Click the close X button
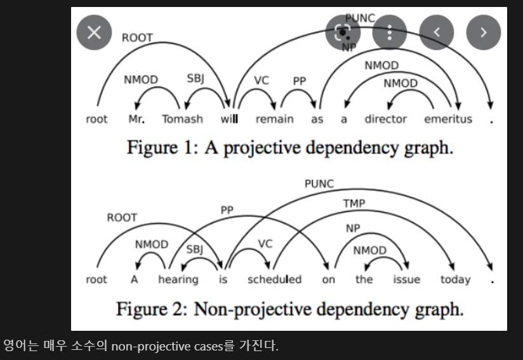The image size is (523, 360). tap(94, 33)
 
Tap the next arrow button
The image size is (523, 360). tap(484, 33)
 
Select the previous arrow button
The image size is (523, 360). tap(436, 33)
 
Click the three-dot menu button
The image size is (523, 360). tap(389, 33)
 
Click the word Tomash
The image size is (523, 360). tap(182, 119)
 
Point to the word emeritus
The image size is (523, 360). tap(448, 119)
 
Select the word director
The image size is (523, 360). tap(385, 119)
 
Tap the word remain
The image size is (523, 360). tap(274, 119)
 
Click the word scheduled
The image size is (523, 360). tap(274, 280)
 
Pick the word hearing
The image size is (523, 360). tap(178, 280)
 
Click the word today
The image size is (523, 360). tap(456, 280)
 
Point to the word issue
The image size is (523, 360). tap(406, 280)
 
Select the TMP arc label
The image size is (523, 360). tap(354, 204)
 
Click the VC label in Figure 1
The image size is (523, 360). tap(261, 81)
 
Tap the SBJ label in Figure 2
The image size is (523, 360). tap(194, 250)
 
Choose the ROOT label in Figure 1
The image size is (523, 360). tap(137, 37)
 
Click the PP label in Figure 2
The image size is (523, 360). tap(227, 210)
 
